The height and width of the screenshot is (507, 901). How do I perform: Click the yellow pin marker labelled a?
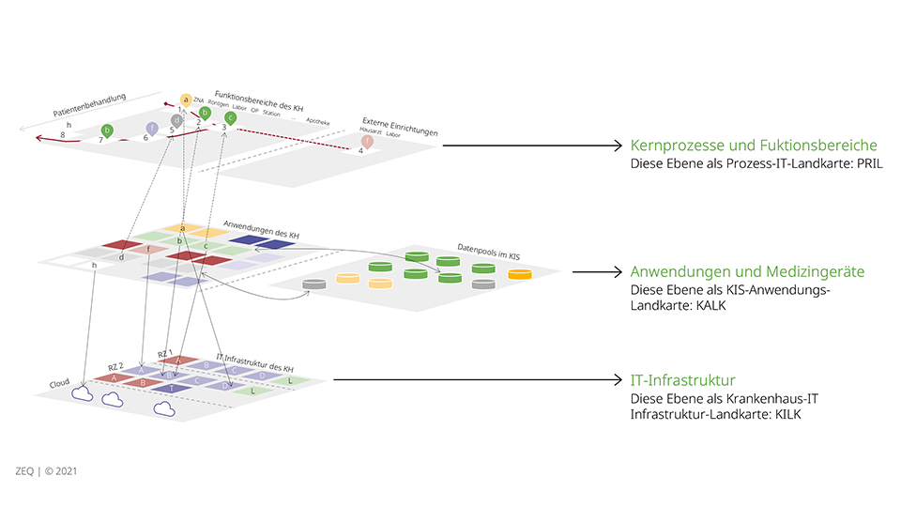186,100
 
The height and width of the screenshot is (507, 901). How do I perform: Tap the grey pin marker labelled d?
177,120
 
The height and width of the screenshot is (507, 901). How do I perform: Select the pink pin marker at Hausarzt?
366,141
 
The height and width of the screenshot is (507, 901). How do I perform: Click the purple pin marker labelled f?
152,129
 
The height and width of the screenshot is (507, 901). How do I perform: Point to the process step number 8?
63,135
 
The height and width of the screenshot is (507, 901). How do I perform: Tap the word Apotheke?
318,121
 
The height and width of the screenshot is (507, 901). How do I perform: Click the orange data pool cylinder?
519,274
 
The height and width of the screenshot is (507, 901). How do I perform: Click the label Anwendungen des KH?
262,229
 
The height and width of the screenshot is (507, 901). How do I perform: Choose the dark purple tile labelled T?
172,388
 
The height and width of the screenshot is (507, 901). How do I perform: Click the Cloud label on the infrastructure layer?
59,383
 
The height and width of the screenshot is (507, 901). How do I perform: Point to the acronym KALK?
712,305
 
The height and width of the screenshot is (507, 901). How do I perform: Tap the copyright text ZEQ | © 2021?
46,470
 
